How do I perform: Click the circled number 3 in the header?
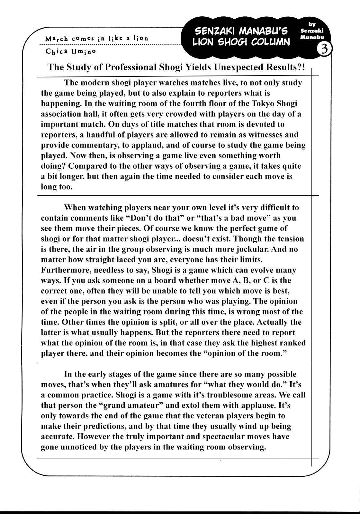324,49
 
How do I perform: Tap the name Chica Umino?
71,51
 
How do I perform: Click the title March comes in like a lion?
97,38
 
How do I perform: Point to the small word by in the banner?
311,24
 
